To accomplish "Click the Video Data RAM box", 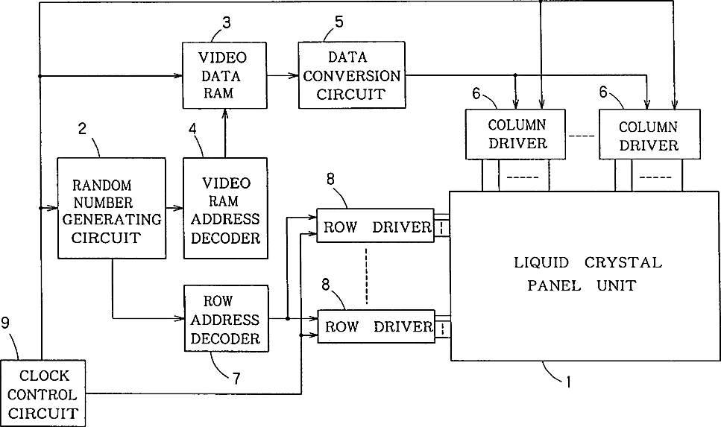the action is [225, 75].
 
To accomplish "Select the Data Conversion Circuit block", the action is [352, 75].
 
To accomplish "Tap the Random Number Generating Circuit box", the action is [112, 208].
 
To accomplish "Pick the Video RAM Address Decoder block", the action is [225, 208].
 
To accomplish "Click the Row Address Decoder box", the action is [226, 318].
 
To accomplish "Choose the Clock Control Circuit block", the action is [42, 393].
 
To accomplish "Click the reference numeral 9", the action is [5, 323].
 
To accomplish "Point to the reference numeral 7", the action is [236, 379].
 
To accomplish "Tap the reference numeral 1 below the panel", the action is [568, 382].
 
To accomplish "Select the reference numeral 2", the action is [82, 129].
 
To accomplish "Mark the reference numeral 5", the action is [339, 22].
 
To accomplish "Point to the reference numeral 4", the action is [192, 129].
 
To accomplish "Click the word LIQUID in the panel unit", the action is [541, 263].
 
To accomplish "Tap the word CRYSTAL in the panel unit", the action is [623, 263].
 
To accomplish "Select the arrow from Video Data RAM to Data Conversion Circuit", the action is [283, 75].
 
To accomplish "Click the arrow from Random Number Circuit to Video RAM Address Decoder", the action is [174, 208].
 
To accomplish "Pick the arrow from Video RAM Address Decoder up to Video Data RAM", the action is [225, 133].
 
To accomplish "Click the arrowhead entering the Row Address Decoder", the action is [180, 318].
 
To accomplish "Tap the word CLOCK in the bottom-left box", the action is [44, 376].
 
